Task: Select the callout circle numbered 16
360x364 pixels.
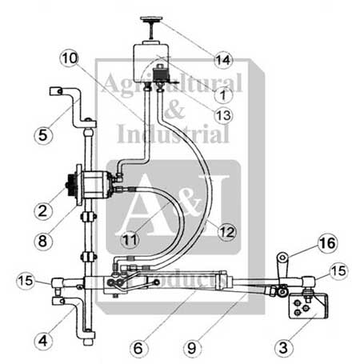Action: pyautogui.click(x=326, y=242)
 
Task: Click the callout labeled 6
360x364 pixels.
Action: pyautogui.click(x=139, y=347)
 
